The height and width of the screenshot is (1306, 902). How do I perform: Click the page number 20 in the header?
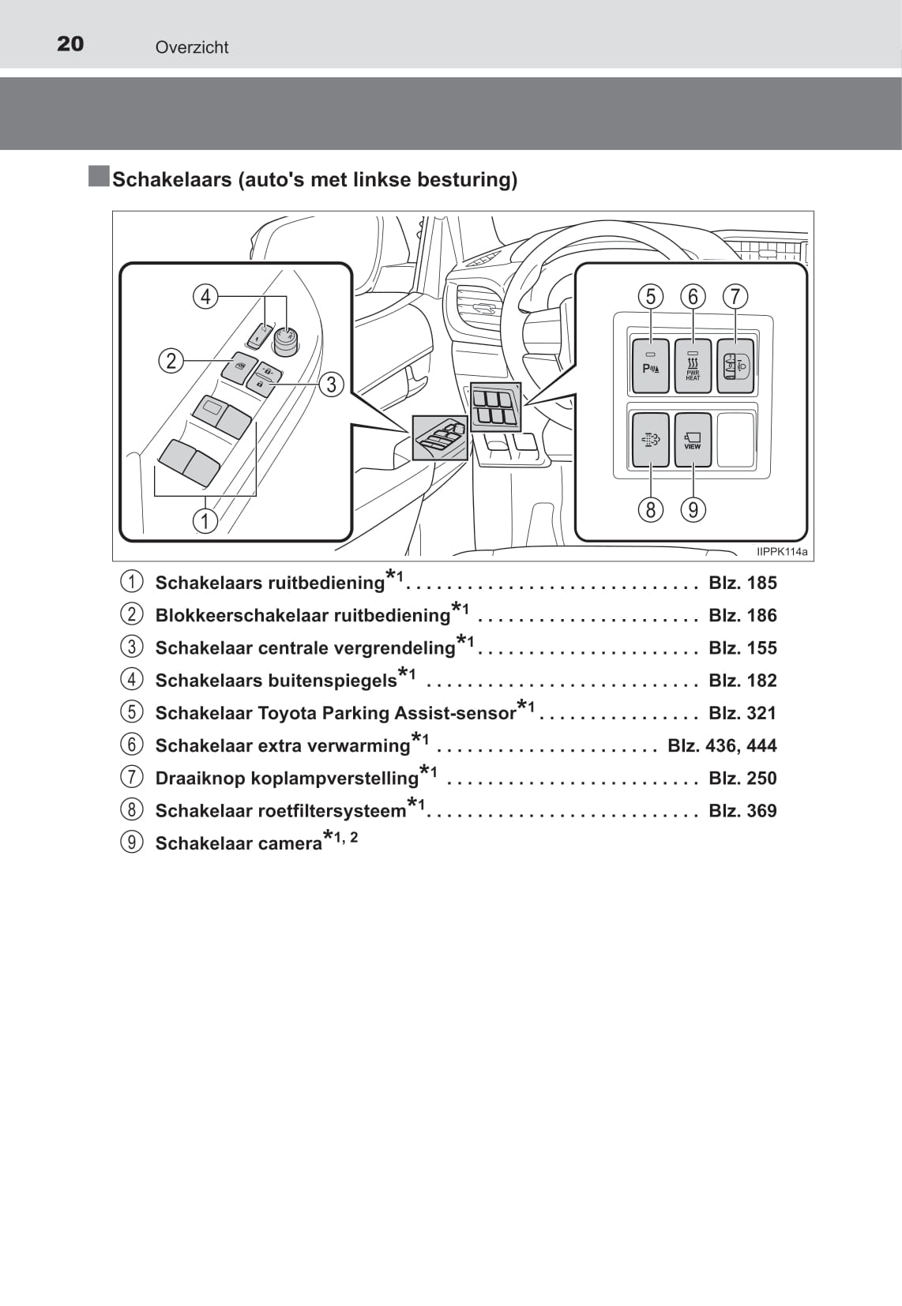click(x=70, y=43)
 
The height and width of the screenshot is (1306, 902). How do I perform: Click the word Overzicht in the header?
click(x=192, y=47)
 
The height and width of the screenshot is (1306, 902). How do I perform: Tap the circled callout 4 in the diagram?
click(x=205, y=296)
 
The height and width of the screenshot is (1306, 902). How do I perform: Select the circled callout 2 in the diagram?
click(x=171, y=361)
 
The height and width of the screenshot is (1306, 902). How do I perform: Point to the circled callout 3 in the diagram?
click(x=332, y=385)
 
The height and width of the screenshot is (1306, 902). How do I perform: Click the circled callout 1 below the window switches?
click(x=205, y=520)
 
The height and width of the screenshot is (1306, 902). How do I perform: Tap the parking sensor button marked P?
click(x=651, y=366)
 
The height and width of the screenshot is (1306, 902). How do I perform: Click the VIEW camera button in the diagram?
click(x=693, y=440)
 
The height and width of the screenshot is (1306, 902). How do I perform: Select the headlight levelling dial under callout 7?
click(x=735, y=366)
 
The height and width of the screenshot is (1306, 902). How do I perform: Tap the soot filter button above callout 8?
click(x=651, y=440)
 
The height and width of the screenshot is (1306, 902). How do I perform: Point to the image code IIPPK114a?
click(x=782, y=552)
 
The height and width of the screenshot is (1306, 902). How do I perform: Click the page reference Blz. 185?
click(x=742, y=583)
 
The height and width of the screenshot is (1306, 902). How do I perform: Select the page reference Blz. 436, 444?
click(x=722, y=745)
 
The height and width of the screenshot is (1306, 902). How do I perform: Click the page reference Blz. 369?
click(x=742, y=811)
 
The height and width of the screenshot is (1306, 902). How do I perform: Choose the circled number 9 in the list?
click(x=132, y=843)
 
